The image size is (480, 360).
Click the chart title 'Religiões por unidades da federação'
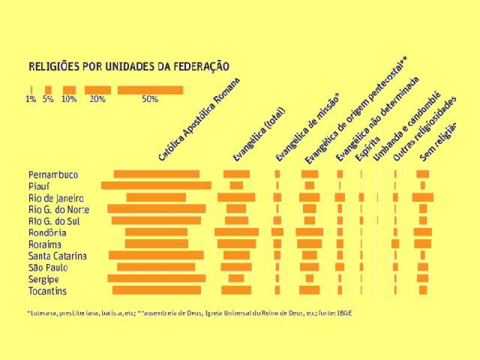pos(130,66)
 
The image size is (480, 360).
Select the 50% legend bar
pos(150,90)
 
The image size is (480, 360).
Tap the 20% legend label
pos(98,100)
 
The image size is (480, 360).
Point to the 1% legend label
pos(31,100)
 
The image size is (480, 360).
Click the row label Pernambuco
pos(53,175)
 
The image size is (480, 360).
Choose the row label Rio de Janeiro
pos(56,198)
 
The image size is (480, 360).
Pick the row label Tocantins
pos(47,292)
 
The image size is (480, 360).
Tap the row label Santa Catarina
pos(58,256)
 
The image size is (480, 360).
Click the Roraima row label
pos(45,245)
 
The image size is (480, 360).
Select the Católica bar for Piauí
pos(156,186)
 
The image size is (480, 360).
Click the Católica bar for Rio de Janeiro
pos(156,197)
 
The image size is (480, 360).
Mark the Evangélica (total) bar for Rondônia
pos(236,232)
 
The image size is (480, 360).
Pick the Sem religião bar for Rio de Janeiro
pos(422,197)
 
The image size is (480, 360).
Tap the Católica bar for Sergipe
pos(156,279)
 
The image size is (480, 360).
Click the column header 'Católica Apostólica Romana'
pos(199,120)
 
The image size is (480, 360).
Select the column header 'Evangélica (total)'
pos(259,135)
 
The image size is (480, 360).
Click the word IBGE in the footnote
pos(343,313)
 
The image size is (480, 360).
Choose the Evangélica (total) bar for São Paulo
pos(236,267)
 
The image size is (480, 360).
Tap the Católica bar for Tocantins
pos(156,290)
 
